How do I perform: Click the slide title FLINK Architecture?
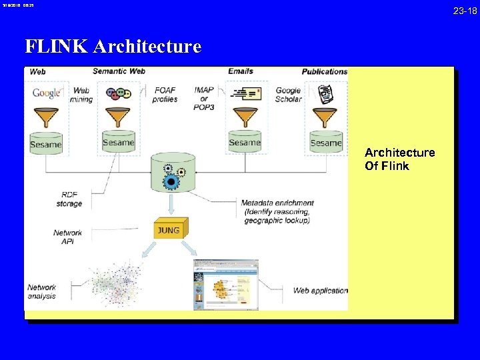click(x=113, y=46)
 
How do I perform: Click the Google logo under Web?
click(x=46, y=93)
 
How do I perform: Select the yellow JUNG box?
click(x=168, y=231)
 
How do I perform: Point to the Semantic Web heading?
click(x=119, y=71)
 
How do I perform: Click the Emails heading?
click(x=240, y=71)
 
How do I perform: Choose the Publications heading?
click(x=325, y=71)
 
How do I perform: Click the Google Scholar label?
click(x=288, y=95)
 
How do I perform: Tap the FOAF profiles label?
click(x=165, y=95)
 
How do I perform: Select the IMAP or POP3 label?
click(x=204, y=99)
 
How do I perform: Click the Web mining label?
click(x=81, y=95)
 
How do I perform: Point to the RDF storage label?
click(x=69, y=199)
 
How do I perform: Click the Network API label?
click(x=68, y=237)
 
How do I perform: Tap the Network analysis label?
click(x=41, y=292)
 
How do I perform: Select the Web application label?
click(x=320, y=291)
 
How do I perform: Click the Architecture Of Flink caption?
click(x=399, y=159)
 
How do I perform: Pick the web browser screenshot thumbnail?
click(x=225, y=285)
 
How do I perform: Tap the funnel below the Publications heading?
click(x=325, y=119)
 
